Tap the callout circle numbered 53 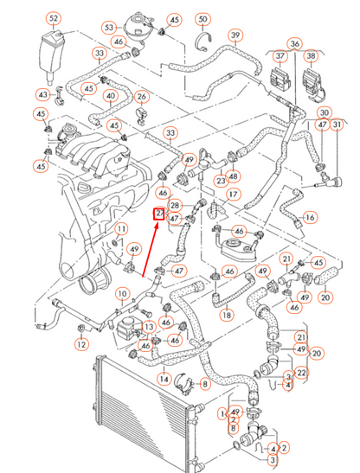[110, 27]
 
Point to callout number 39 [235, 35]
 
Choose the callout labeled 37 [280, 56]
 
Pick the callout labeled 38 [312, 56]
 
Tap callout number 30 [325, 113]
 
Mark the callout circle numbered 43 [42, 94]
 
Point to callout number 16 [310, 216]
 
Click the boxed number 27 [159, 214]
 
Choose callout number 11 [122, 229]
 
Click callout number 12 [80, 344]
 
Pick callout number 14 [163, 379]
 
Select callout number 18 [226, 316]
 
